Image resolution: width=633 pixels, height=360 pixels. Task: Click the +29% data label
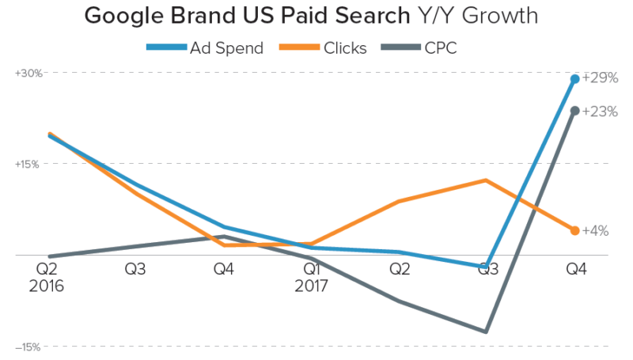pyautogui.click(x=600, y=78)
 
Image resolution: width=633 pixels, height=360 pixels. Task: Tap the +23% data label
pyautogui.click(x=600, y=112)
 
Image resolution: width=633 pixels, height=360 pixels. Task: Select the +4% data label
pyautogui.click(x=595, y=231)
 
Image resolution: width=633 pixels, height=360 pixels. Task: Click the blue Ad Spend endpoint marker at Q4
pyautogui.click(x=575, y=79)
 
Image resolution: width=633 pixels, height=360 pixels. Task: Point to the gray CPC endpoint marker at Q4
pyautogui.click(x=575, y=111)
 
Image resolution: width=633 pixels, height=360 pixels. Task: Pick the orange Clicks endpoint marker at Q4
pyautogui.click(x=575, y=230)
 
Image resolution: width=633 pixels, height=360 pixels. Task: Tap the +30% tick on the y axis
pyautogui.click(x=28, y=73)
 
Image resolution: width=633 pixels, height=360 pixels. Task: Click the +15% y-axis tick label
pyautogui.click(x=28, y=164)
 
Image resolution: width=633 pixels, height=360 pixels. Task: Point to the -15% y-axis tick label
pyautogui.click(x=28, y=347)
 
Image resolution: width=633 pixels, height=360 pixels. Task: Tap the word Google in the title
pyautogui.click(x=131, y=15)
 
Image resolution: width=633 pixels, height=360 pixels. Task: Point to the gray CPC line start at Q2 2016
pyautogui.click(x=50, y=256)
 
